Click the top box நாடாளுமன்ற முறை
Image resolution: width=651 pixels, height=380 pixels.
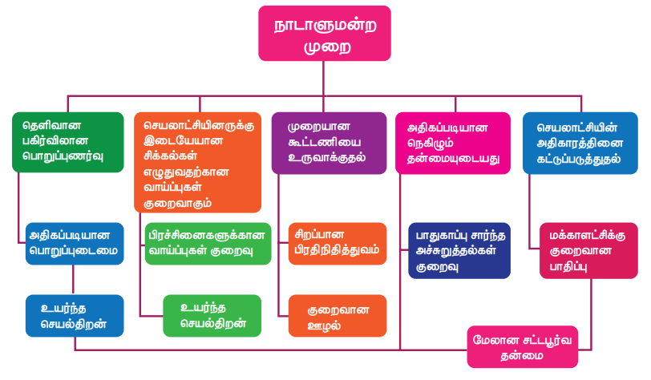324,35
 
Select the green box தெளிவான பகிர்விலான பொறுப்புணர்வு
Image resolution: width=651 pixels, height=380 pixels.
68,142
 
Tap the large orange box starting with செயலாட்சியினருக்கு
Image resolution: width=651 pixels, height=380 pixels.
197,162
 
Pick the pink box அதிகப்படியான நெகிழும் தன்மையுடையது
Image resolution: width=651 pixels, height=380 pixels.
452,143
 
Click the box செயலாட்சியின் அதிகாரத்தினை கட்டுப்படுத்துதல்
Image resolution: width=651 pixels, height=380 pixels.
580,142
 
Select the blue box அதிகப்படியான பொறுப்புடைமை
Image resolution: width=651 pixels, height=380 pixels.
74,243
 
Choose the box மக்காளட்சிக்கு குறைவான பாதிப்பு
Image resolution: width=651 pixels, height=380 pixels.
588,251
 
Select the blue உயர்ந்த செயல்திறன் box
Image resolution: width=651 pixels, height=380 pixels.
74,315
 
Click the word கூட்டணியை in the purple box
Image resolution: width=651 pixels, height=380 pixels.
317,142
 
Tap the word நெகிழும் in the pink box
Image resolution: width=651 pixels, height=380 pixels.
436,143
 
